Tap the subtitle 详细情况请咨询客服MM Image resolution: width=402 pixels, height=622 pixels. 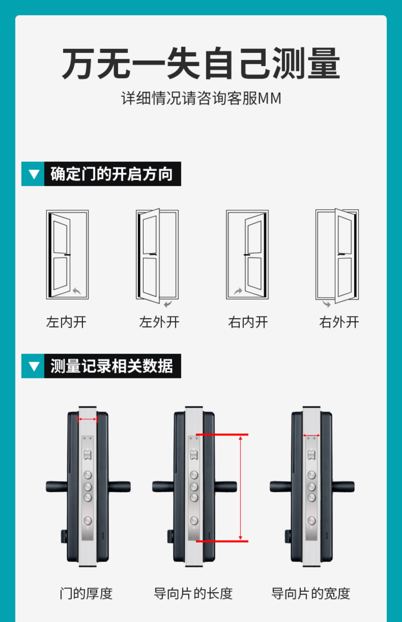tap(201, 98)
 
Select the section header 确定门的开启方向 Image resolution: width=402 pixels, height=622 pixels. tap(112, 174)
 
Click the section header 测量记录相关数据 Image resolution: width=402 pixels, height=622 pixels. tap(112, 366)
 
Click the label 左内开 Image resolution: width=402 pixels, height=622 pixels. tap(66, 322)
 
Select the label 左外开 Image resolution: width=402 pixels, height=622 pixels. tap(159, 322)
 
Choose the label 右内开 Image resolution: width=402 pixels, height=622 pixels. tap(248, 322)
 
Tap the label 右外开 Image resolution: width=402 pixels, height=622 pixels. tap(339, 322)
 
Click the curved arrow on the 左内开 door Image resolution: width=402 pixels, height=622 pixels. tap(77, 291)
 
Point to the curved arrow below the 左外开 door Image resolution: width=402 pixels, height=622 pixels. tap(168, 304)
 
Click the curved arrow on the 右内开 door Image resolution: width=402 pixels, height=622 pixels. tap(238, 291)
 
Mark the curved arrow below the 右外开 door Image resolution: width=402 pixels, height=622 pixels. tap(327, 304)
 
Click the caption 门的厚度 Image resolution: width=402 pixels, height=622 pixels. tap(86, 593)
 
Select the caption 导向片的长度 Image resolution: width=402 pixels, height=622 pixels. tap(193, 593)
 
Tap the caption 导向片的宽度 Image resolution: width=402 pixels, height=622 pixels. tap(311, 593)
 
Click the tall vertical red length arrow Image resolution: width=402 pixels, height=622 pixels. tap(240, 488)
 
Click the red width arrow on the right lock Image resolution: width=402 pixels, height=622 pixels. tap(311, 436)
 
